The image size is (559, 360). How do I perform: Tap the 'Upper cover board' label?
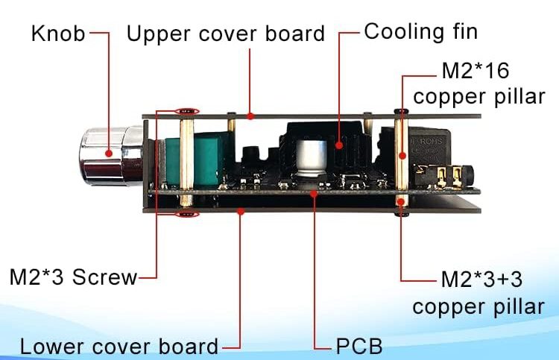(x=225, y=34)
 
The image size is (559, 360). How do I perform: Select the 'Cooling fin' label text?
(x=420, y=31)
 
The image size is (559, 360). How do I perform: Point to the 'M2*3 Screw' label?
(x=73, y=277)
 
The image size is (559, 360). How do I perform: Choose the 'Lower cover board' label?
(x=119, y=347)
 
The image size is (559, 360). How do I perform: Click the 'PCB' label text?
(x=359, y=347)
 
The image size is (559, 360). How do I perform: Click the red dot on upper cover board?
(x=251, y=116)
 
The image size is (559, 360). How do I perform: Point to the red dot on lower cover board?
(x=241, y=212)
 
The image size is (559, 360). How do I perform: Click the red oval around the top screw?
(x=186, y=111)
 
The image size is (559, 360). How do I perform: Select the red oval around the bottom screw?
(x=186, y=215)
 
